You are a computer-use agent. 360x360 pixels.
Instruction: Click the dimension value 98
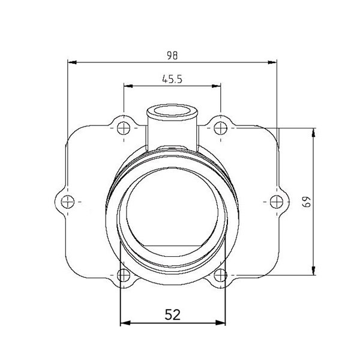(x=173, y=55)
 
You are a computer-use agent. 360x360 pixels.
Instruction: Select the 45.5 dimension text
(x=173, y=79)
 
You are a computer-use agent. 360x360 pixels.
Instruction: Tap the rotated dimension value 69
(x=307, y=201)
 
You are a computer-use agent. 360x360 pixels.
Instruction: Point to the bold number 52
(x=173, y=314)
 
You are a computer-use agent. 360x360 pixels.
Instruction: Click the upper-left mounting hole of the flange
(x=124, y=128)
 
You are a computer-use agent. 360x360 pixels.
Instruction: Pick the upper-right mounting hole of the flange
(x=221, y=128)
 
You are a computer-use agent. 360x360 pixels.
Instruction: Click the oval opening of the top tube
(x=172, y=111)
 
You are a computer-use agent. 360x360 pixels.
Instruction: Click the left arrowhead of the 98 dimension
(x=71, y=61)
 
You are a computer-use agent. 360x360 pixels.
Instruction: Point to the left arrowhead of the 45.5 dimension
(x=127, y=86)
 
